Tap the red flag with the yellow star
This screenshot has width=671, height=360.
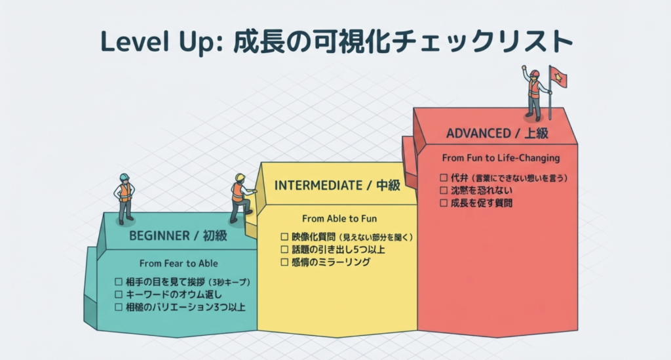[x=558, y=77]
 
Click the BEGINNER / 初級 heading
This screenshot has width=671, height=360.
[x=178, y=236]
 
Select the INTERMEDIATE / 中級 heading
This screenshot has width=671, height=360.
[x=337, y=186]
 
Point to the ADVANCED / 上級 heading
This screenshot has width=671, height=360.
[x=497, y=134]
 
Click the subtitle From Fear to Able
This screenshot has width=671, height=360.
[x=178, y=263]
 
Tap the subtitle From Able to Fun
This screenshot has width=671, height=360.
[x=339, y=219]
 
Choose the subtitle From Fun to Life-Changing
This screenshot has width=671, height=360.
[x=501, y=158]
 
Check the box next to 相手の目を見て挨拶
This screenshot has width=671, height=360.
[x=119, y=282]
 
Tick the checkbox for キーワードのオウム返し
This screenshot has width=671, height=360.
[x=119, y=294]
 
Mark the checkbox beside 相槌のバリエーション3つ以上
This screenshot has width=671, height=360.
[x=119, y=307]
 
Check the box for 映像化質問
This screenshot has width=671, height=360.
[x=284, y=237]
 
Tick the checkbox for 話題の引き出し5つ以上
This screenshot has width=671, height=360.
[x=284, y=249]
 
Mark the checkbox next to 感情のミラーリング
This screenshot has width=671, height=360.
[x=284, y=262]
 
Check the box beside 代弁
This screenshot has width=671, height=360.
[x=444, y=177]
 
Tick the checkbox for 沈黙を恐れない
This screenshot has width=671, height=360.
[x=444, y=190]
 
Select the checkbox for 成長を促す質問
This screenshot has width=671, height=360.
[x=444, y=203]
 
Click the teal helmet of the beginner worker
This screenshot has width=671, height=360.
[x=124, y=177]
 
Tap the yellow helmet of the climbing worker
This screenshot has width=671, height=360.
[x=240, y=177]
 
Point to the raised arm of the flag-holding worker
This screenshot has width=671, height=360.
[x=525, y=73]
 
